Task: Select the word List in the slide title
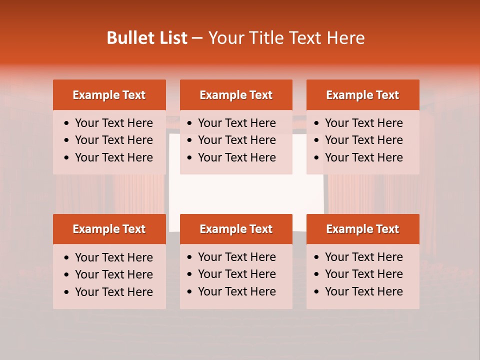pos(171,38)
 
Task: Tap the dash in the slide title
pos(197,38)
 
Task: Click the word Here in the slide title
pos(345,38)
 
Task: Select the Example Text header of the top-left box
pos(109,95)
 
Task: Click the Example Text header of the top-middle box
pos(236,95)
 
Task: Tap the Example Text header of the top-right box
pos(362,95)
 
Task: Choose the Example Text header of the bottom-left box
pos(109,229)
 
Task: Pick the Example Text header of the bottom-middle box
pos(236,229)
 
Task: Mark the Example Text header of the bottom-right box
pos(362,229)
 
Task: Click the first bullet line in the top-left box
pos(113,123)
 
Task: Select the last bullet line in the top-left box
pos(113,157)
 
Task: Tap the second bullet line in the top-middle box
pos(236,140)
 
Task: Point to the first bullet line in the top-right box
pos(363,123)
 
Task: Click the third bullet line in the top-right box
pos(363,157)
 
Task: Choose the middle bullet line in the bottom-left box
pos(113,274)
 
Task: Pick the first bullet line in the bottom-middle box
pos(236,257)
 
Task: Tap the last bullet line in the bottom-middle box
pos(236,291)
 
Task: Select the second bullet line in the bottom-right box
pos(363,274)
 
